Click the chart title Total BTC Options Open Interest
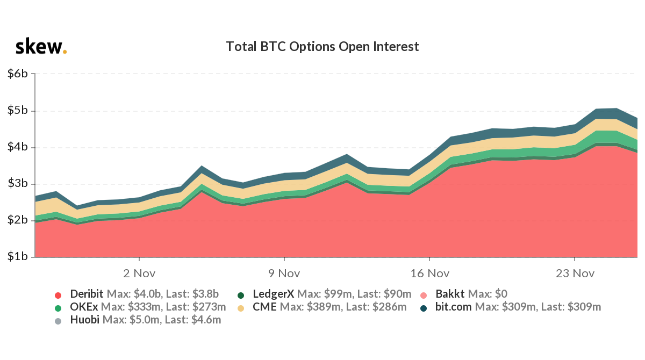click(x=322, y=47)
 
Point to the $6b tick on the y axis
click(x=18, y=74)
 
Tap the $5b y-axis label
click(x=18, y=111)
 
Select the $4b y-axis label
click(x=18, y=147)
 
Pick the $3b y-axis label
click(x=18, y=184)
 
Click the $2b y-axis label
click(x=18, y=220)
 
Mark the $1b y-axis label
click(x=18, y=257)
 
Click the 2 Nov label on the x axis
click(x=139, y=273)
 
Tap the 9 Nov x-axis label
click(x=284, y=273)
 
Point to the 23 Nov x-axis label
click(x=574, y=273)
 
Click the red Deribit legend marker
click(x=59, y=295)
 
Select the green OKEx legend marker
click(x=59, y=308)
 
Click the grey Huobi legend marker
click(x=59, y=321)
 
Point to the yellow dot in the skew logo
click(x=65, y=52)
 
